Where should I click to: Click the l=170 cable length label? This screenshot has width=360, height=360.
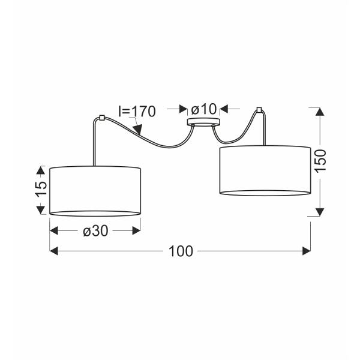point(137,112)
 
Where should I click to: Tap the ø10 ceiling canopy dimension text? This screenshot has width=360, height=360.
point(203,109)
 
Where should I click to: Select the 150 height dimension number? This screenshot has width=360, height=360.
point(320,160)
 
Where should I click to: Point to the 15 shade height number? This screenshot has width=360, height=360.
point(41,188)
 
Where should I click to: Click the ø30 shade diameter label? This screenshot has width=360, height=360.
point(95,231)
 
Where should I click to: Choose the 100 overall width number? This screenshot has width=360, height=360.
point(181,251)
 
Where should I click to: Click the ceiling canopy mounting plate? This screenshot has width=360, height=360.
point(203,122)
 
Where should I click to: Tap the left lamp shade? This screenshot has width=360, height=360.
point(95,191)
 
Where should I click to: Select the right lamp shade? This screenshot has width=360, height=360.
point(265,170)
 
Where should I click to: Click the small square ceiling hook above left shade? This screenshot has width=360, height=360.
point(101,118)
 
